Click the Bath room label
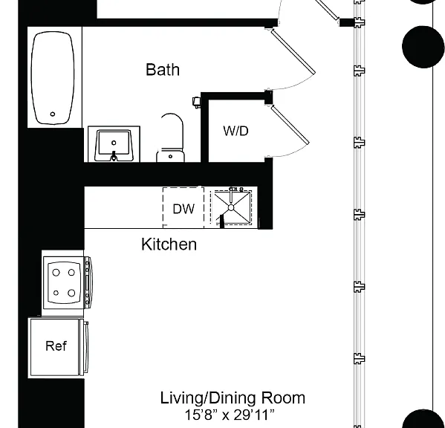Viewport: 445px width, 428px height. (163, 70)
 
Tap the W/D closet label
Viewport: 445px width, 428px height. (236, 131)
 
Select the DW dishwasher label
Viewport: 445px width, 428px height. (183, 209)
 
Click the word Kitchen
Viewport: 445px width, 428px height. (169, 244)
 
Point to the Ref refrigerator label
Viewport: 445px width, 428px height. (56, 346)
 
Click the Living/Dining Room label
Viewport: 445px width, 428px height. (233, 398)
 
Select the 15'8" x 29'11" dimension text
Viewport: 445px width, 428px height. (230, 415)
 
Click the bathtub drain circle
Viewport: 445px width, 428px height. (53, 114)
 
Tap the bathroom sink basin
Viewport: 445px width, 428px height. (114, 146)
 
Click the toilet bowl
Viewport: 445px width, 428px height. (172, 130)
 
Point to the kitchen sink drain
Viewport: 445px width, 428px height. (231, 208)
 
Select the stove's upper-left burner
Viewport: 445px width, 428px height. (56, 273)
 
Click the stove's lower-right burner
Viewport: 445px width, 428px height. (71, 293)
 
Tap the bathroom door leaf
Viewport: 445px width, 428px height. (293, 51)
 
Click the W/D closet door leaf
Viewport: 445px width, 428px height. (290, 124)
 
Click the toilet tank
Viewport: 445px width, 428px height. (170, 156)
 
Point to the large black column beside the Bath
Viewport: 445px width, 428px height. (423, 47)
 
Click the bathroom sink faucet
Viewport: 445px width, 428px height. (114, 155)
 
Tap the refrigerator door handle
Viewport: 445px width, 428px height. (86, 348)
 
